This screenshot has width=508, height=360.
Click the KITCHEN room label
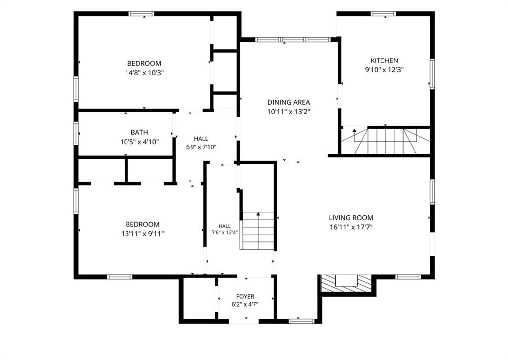pyautogui.click(x=384, y=60)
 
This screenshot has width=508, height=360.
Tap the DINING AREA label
pyautogui.click(x=289, y=102)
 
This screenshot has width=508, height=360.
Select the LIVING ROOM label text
pyautogui.click(x=351, y=218)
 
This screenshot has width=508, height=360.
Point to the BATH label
pyautogui.click(x=139, y=132)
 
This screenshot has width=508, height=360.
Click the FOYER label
pyautogui.click(x=245, y=296)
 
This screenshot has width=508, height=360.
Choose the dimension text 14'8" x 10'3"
pyautogui.click(x=144, y=73)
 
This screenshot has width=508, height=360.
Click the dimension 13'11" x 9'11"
pyautogui.click(x=142, y=234)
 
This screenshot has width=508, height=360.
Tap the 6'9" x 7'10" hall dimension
pyautogui.click(x=201, y=147)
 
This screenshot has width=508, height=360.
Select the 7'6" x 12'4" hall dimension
pyautogui.click(x=225, y=232)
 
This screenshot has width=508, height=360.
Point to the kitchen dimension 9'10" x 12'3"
pyautogui.click(x=384, y=69)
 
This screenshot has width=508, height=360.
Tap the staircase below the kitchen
pyautogui.click(x=385, y=141)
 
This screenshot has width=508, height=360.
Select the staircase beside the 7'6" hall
pyautogui.click(x=258, y=231)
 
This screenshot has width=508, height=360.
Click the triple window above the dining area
pyautogui.click(x=293, y=40)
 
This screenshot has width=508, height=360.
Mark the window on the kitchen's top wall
pyautogui.click(x=383, y=14)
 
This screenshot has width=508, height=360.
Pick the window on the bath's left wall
pyautogui.click(x=76, y=133)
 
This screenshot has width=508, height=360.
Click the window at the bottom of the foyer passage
pyautogui.click(x=301, y=321)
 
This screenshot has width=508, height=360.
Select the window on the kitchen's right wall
pyautogui.click(x=432, y=74)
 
